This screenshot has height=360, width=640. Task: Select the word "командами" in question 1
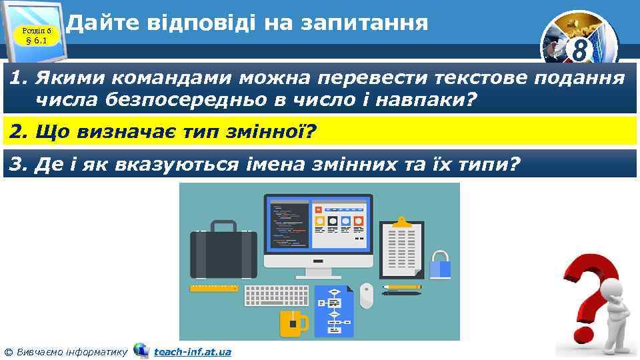coord(169,79)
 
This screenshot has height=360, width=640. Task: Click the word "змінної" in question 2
coord(276,132)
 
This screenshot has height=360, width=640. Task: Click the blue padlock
coord(439,265)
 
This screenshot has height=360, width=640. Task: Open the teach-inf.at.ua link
coord(192,351)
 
